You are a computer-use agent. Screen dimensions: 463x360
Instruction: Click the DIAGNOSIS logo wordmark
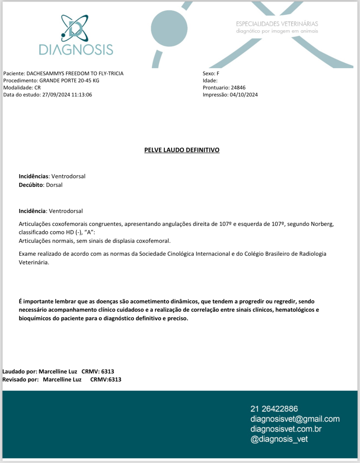tap(76, 49)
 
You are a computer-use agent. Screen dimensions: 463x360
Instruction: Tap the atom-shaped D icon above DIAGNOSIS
tap(75, 28)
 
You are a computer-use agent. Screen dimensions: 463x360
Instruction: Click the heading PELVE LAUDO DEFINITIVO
tap(182, 150)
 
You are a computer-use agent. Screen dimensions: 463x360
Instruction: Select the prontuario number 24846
tap(238, 88)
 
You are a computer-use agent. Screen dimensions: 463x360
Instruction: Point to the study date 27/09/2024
tap(56, 95)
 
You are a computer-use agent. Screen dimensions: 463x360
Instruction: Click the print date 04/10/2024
tap(244, 95)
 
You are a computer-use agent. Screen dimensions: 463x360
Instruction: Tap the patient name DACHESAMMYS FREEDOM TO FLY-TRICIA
tap(75, 73)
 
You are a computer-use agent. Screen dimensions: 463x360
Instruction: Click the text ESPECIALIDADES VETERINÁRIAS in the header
tap(277, 24)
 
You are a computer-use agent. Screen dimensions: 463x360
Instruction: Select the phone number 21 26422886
tap(274, 409)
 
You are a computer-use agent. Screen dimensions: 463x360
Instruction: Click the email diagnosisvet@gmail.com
tap(295, 419)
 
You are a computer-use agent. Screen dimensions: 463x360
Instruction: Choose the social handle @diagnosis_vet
tap(279, 439)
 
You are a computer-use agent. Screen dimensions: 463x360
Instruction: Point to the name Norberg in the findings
tap(322, 224)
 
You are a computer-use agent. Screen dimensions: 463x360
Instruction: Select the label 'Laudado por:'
tap(20, 371)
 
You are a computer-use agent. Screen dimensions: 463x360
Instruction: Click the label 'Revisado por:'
tap(21, 379)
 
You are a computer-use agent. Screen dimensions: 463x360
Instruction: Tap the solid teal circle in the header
tap(169, 28)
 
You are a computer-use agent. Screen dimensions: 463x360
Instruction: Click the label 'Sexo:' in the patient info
tap(208, 73)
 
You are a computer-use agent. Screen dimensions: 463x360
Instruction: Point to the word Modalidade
tap(18, 88)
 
